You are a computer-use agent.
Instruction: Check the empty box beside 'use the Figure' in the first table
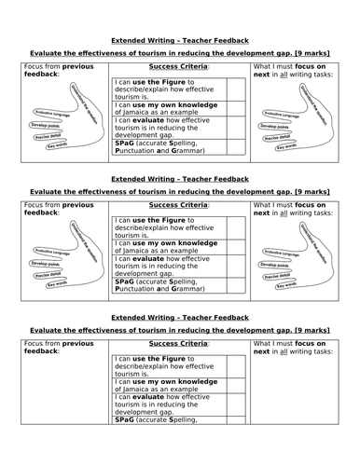[237, 90]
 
